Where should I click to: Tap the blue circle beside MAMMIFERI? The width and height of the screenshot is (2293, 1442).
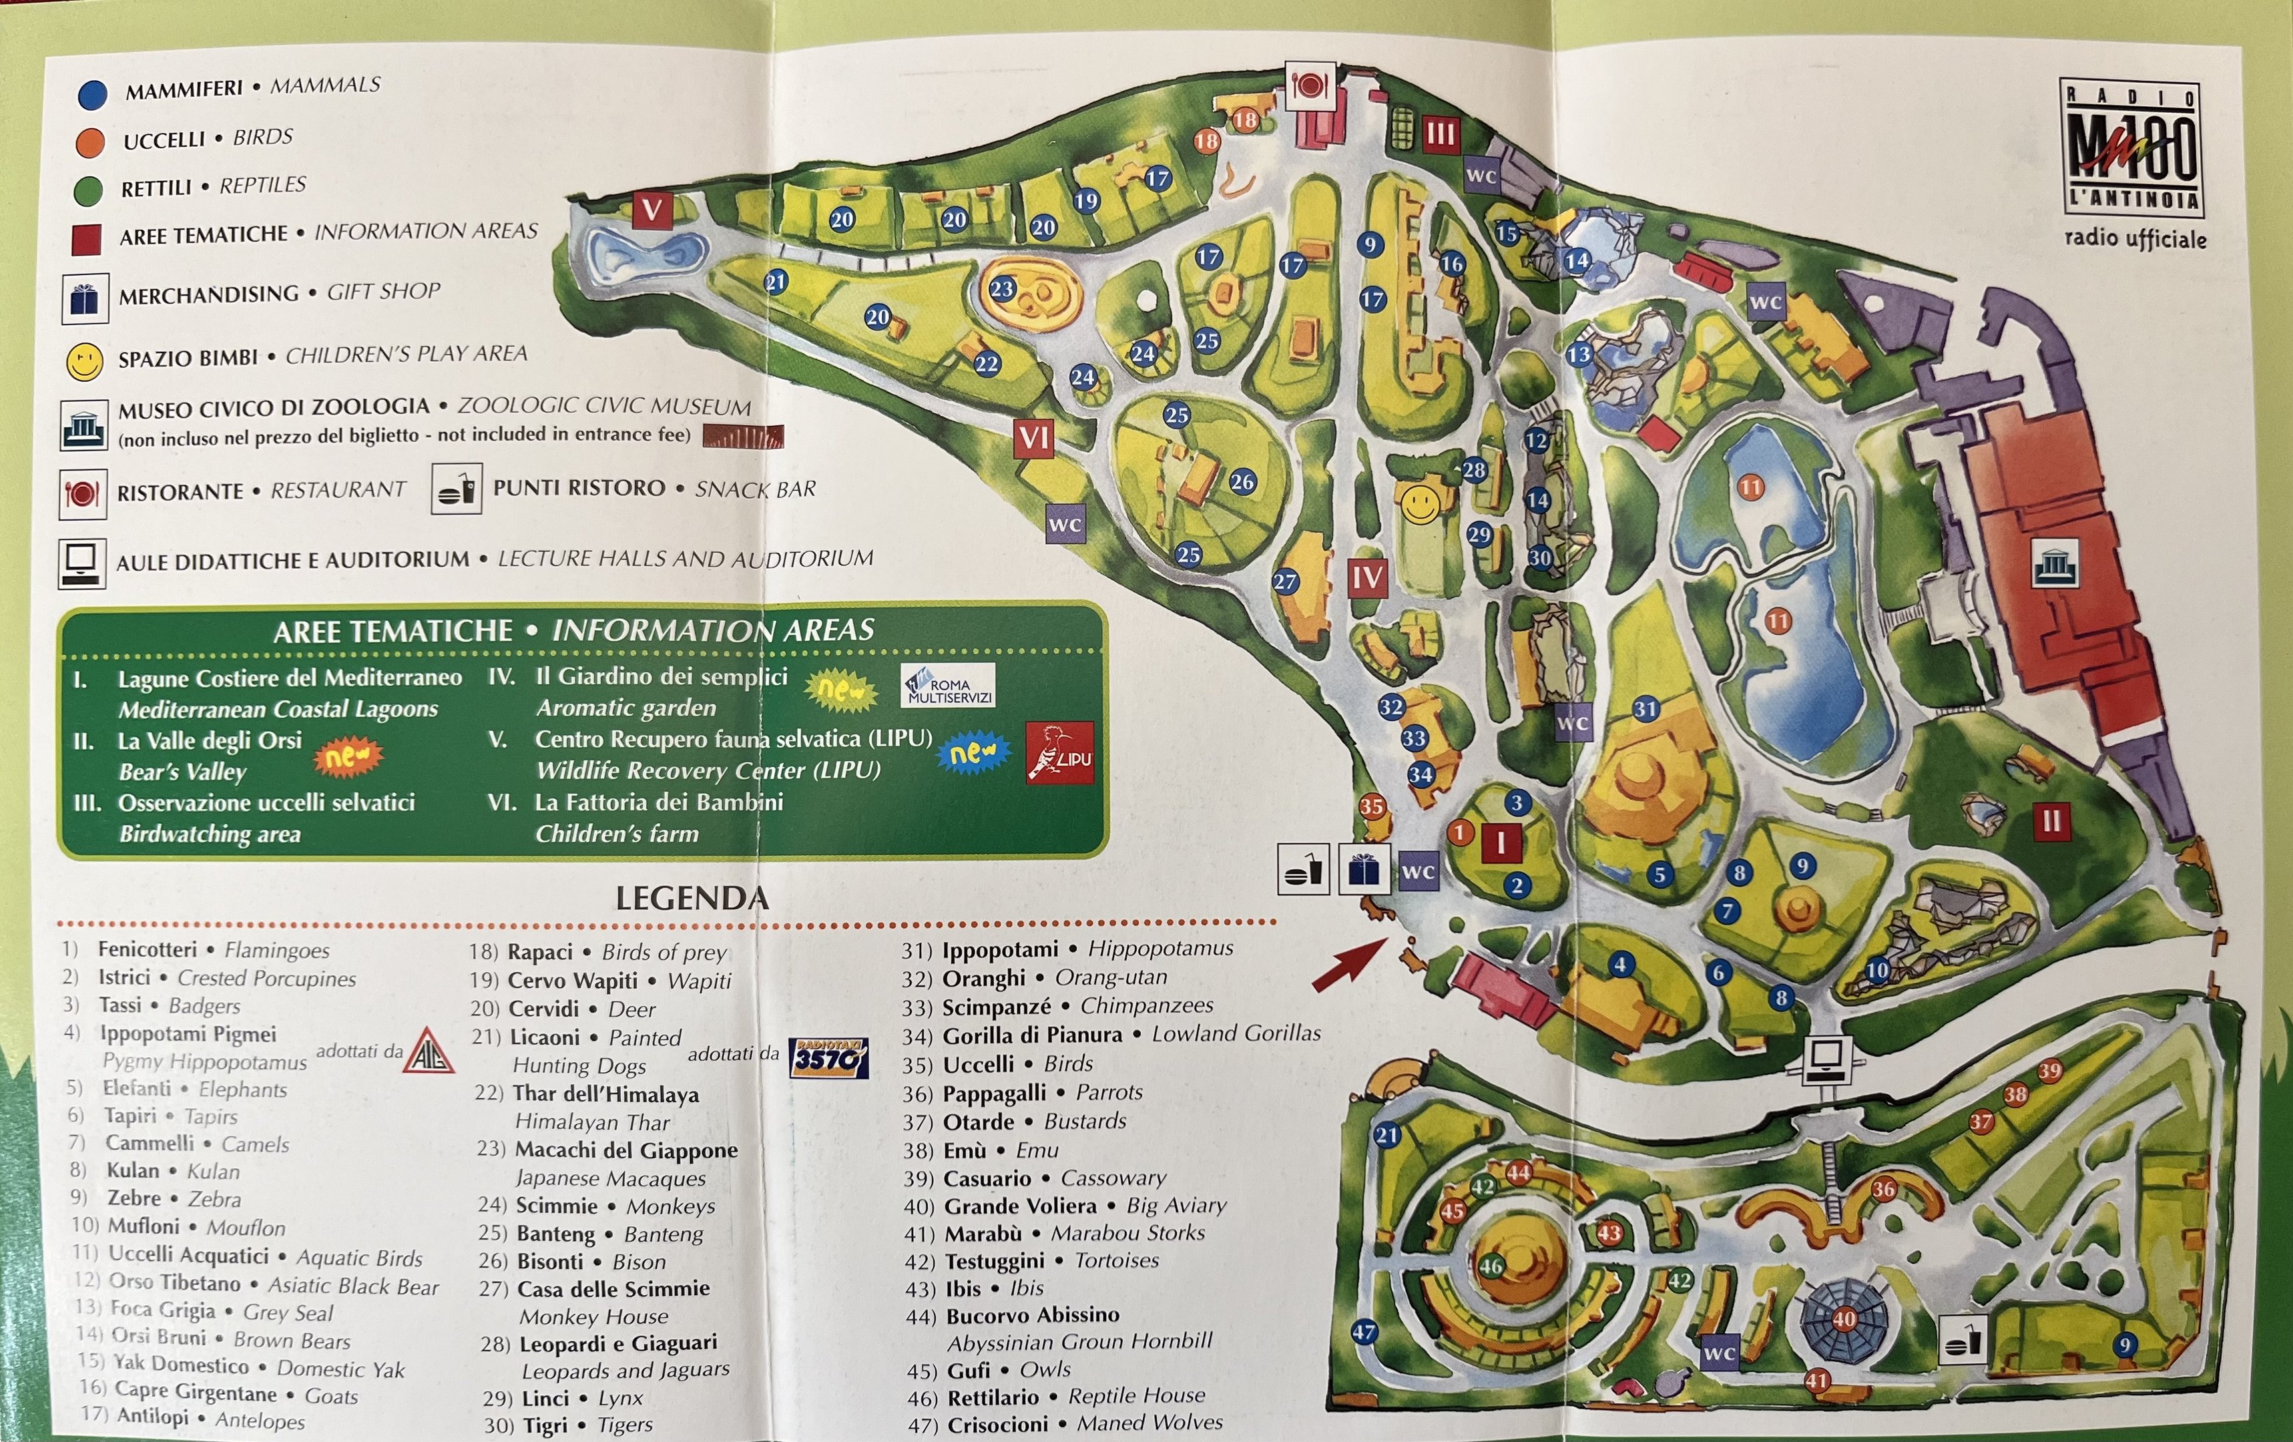(x=92, y=93)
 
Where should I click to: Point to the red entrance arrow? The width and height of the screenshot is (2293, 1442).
(x=1350, y=964)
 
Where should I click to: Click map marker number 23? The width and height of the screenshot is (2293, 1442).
(x=1002, y=288)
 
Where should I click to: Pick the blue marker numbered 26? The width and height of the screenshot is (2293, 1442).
(x=1242, y=482)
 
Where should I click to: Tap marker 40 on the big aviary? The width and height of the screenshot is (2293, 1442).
(x=1844, y=1319)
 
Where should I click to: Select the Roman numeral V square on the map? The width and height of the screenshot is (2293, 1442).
(x=652, y=210)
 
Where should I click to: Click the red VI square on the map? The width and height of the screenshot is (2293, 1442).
(x=1034, y=439)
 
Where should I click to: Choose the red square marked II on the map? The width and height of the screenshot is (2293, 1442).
(x=2051, y=821)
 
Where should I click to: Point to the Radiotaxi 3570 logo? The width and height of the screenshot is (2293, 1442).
(x=828, y=1058)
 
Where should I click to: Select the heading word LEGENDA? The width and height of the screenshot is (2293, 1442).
(x=692, y=898)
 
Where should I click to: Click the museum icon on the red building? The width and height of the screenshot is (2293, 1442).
(x=2054, y=565)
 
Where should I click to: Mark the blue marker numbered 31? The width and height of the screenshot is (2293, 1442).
(x=1645, y=708)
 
